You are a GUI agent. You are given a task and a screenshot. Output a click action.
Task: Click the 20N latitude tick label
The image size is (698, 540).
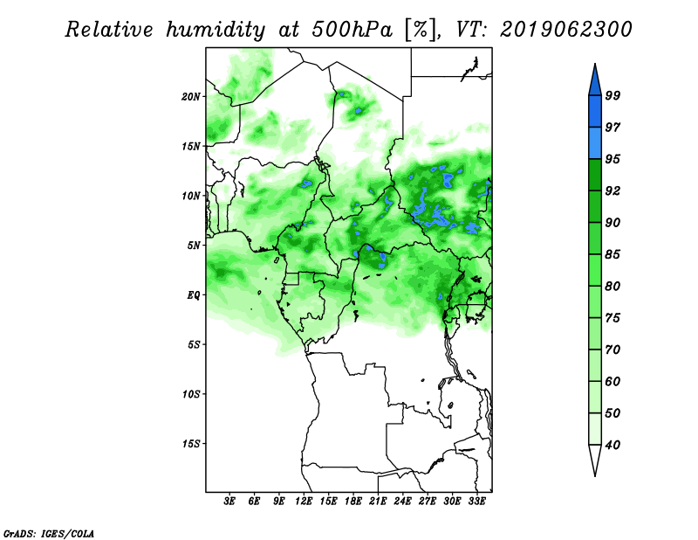191,97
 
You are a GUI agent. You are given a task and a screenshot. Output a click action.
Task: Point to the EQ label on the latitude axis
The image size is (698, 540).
194,295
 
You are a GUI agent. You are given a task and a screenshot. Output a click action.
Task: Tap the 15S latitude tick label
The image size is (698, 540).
191,444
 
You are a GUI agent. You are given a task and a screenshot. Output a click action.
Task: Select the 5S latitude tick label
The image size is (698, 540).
194,344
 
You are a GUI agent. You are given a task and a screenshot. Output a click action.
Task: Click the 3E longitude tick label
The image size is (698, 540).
229,502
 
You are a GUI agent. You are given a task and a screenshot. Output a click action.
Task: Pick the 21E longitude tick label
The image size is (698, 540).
378,502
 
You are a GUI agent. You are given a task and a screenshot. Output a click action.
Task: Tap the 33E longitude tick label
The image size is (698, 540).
476,502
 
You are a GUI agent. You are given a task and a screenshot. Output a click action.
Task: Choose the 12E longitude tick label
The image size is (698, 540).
304,502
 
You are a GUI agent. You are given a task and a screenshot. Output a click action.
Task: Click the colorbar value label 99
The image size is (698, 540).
612,95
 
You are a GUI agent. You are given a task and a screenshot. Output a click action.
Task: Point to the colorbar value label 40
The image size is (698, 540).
612,445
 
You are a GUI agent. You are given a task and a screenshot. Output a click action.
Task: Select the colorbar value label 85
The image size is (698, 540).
612,254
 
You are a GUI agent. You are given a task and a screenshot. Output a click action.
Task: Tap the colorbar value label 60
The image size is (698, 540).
612,381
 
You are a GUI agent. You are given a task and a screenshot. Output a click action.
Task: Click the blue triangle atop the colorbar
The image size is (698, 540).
595,82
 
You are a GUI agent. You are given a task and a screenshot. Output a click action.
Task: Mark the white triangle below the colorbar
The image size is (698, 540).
595,458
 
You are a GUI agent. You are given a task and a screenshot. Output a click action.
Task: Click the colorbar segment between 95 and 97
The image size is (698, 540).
595,143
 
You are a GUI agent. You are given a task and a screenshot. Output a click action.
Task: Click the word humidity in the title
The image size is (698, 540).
216,31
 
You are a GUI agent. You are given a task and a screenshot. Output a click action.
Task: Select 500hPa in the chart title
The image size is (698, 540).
352,30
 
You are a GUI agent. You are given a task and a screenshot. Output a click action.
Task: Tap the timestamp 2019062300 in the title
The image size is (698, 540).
565,30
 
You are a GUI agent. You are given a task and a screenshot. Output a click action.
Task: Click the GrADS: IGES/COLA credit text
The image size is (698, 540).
49,533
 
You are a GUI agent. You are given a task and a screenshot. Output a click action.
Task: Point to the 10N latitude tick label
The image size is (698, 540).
191,197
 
